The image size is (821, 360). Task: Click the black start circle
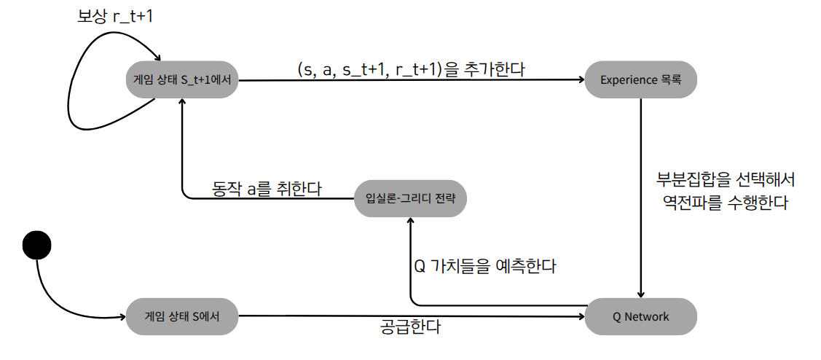[x=36, y=244]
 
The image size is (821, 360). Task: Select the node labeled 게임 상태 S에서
[x=182, y=316]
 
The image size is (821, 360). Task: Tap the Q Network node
[x=640, y=316]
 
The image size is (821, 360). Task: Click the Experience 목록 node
[x=640, y=80]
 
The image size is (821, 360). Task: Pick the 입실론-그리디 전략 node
[x=409, y=197]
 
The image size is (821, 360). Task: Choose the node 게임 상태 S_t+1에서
[x=182, y=80]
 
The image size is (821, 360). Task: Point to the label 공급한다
[x=410, y=327]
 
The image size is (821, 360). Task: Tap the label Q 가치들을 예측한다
[x=485, y=266]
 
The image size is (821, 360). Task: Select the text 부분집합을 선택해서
[x=725, y=179]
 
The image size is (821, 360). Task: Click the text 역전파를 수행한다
[x=725, y=203]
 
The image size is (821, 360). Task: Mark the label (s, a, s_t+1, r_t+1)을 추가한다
[x=412, y=69]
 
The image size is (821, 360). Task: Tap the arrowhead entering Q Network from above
[x=641, y=294]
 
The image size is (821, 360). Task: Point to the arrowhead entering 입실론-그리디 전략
[x=410, y=220]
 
